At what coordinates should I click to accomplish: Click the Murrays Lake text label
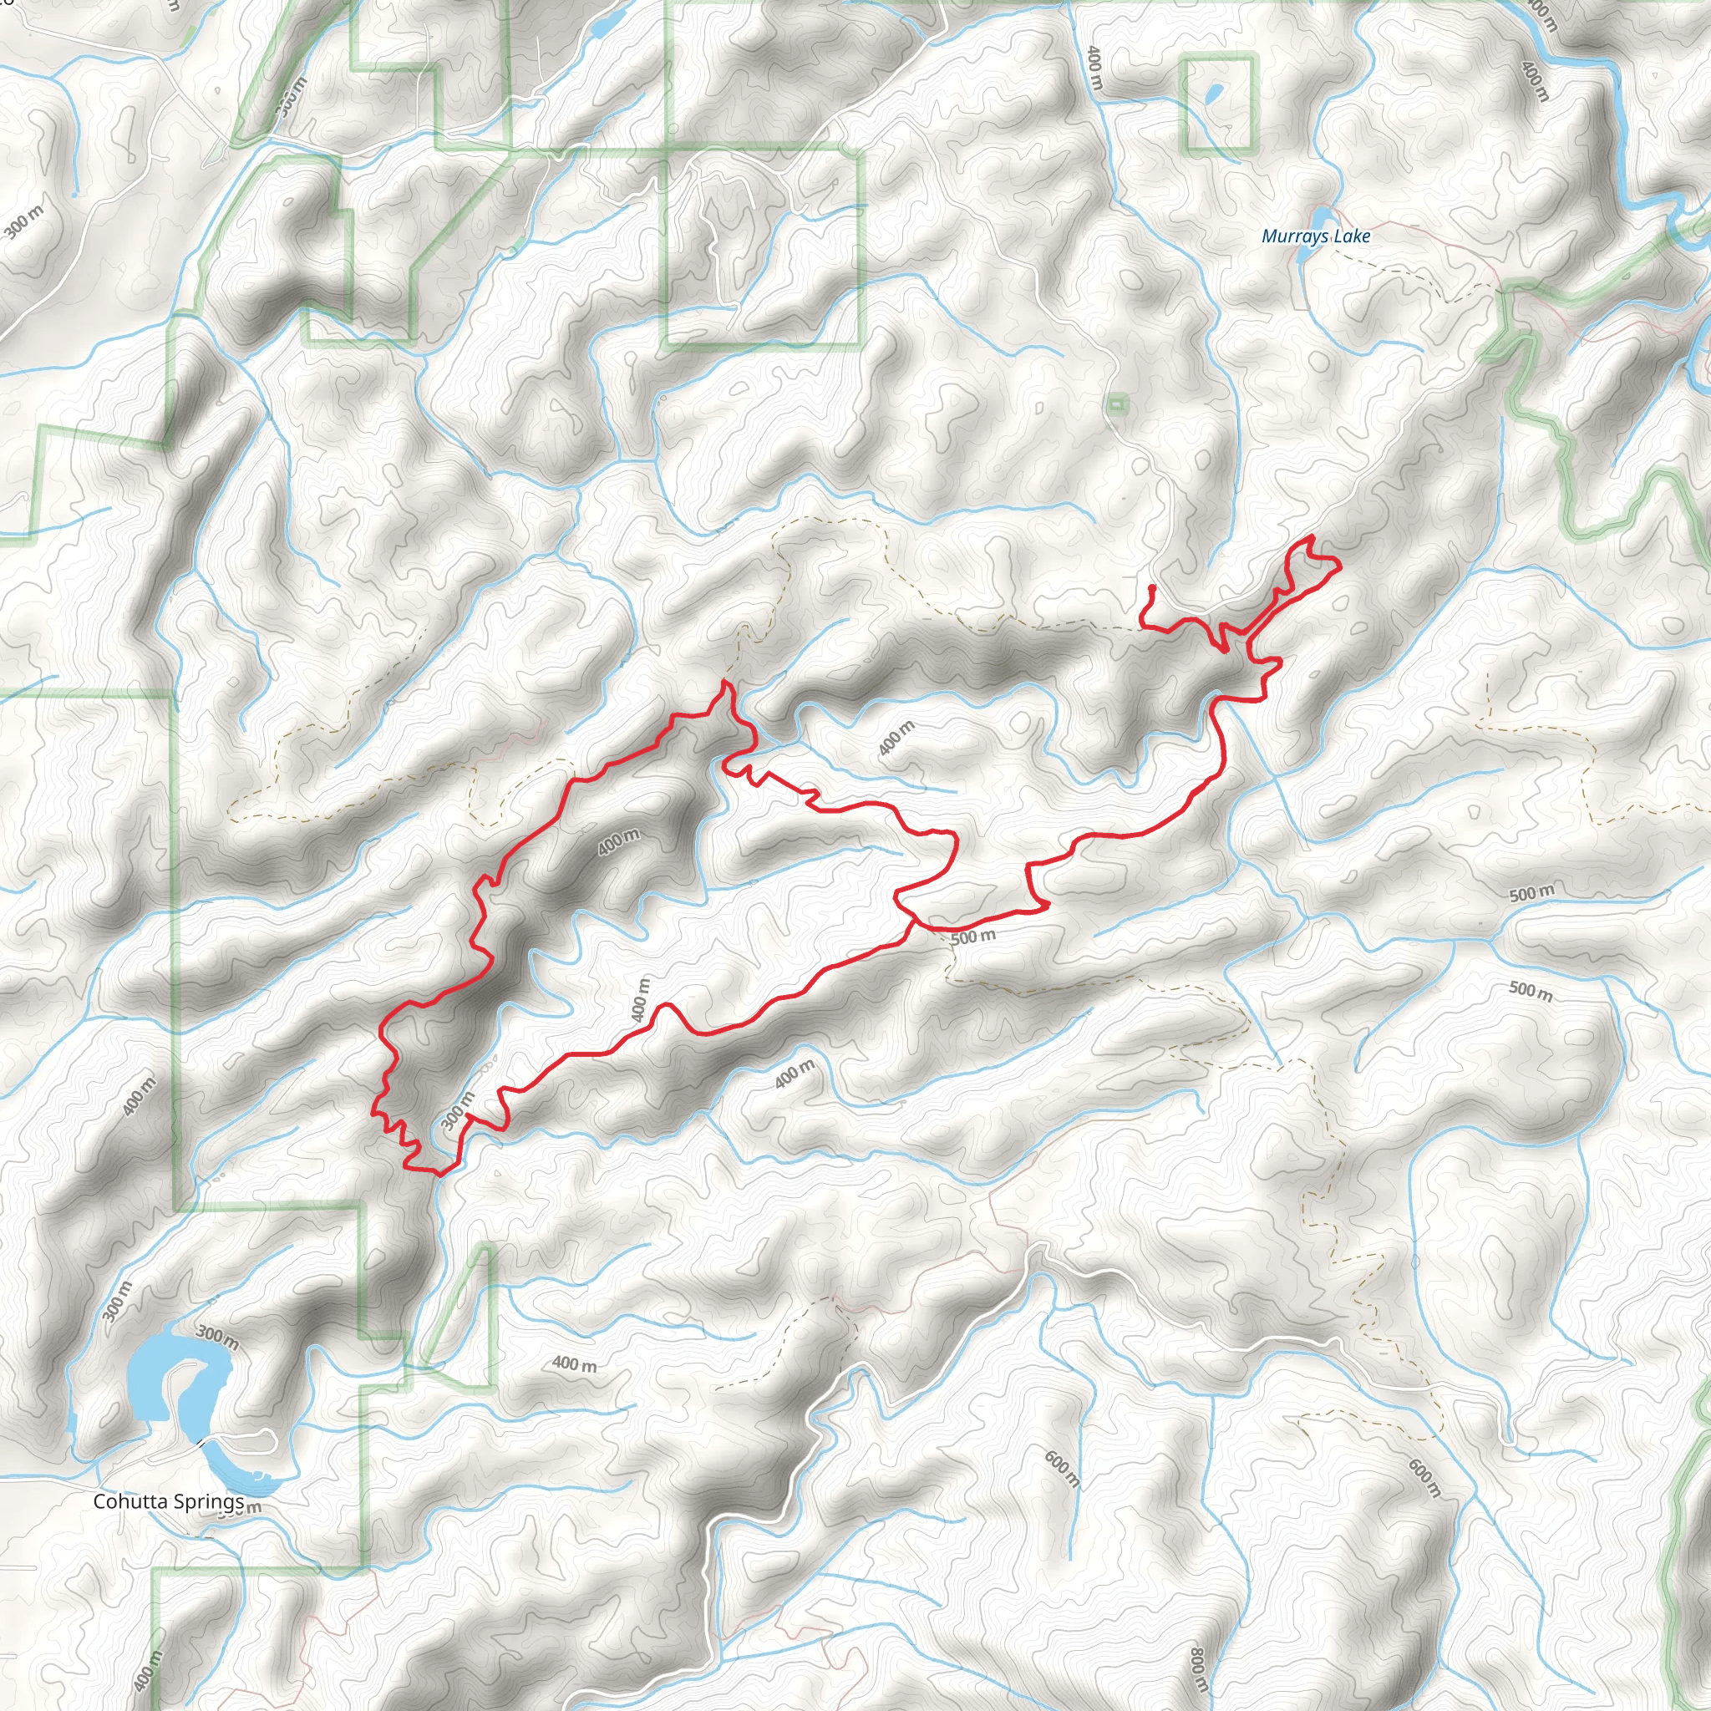click(x=1315, y=236)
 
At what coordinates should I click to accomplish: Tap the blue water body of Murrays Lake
click(x=1321, y=217)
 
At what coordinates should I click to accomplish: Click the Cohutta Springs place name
click(x=168, y=1501)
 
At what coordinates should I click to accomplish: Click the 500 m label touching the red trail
click(x=973, y=937)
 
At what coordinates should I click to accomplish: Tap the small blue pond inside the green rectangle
click(x=1215, y=91)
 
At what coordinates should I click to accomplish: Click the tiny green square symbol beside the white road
click(x=1118, y=404)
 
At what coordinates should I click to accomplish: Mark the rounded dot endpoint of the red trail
click(x=1151, y=588)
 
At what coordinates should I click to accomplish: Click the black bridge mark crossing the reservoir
click(x=202, y=1444)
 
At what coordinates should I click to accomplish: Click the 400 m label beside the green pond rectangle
click(x=1094, y=69)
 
